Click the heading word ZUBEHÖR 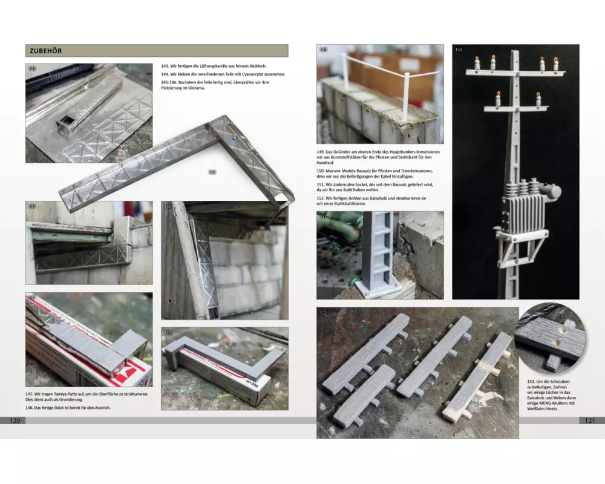[x=45, y=51]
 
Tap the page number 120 [x=15, y=420]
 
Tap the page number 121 [x=590, y=420]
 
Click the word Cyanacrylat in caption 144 [x=252, y=74]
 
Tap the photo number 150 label [x=459, y=50]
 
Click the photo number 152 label [x=323, y=313]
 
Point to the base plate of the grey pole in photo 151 [x=377, y=288]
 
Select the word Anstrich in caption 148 [x=103, y=408]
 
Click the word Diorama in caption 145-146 [x=197, y=88]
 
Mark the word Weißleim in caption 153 [x=535, y=409]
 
